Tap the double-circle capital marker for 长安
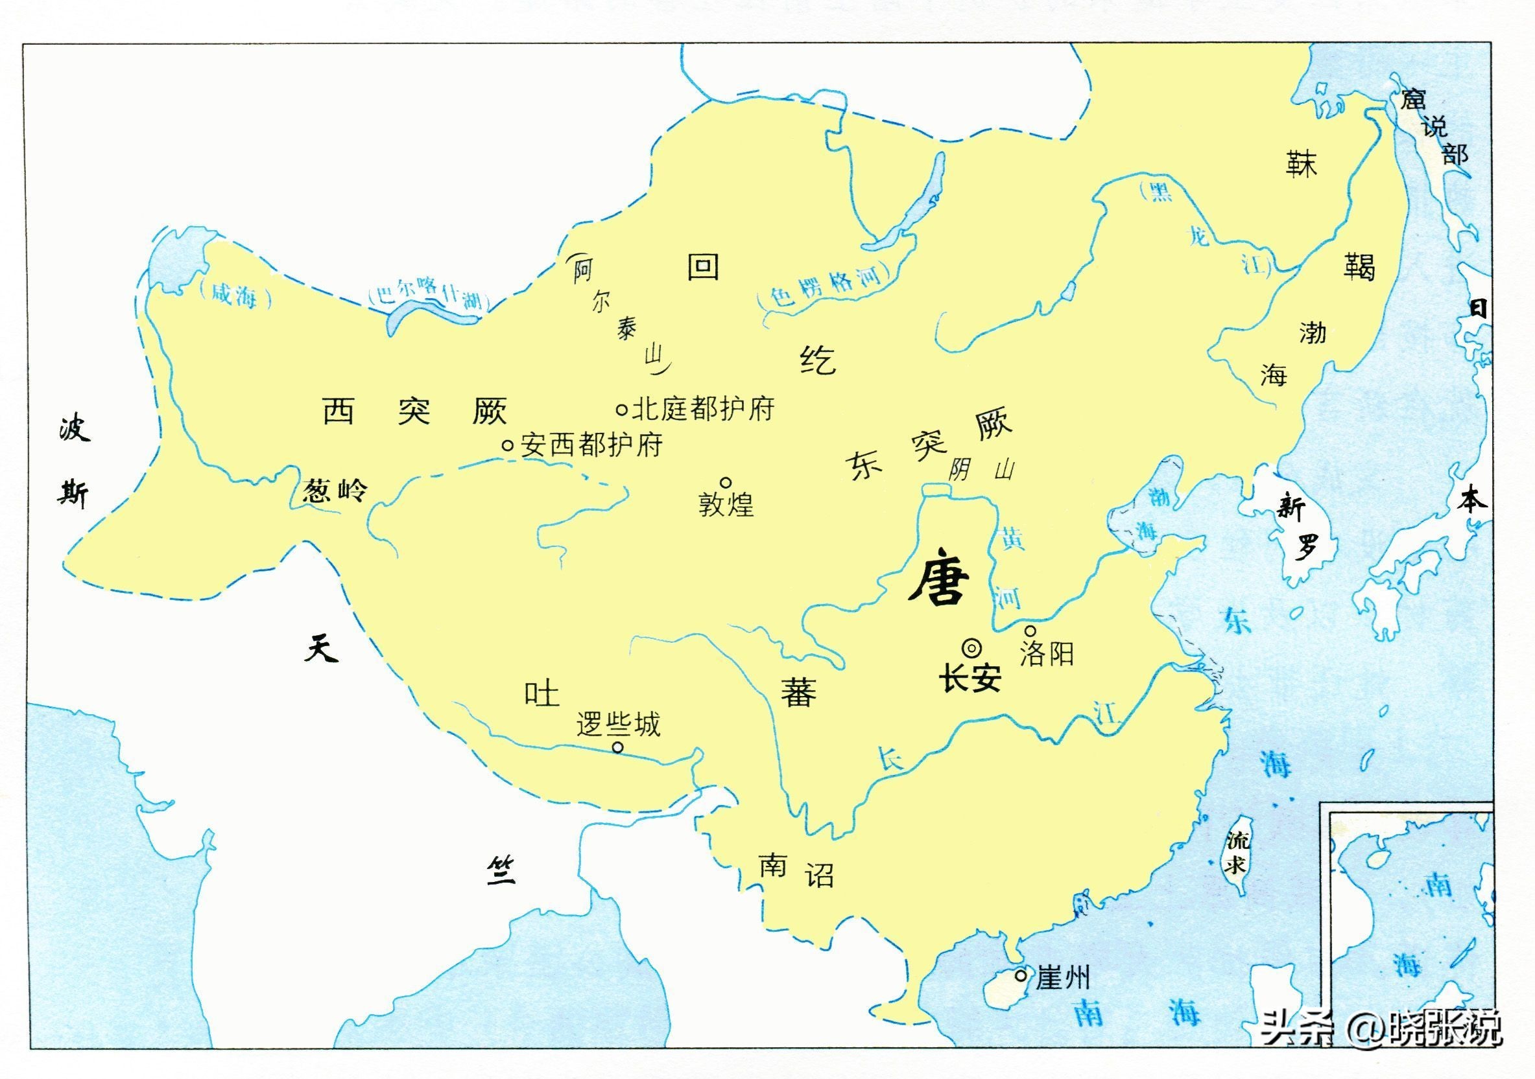971,647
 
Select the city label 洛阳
1046,653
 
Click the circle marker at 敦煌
726,482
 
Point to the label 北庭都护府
704,409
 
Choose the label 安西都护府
591,445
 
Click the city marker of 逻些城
618,747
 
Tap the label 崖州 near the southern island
1062,979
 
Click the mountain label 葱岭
334,491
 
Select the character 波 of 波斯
73,428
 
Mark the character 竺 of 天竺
501,871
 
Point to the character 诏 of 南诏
819,875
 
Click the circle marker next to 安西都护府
507,445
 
